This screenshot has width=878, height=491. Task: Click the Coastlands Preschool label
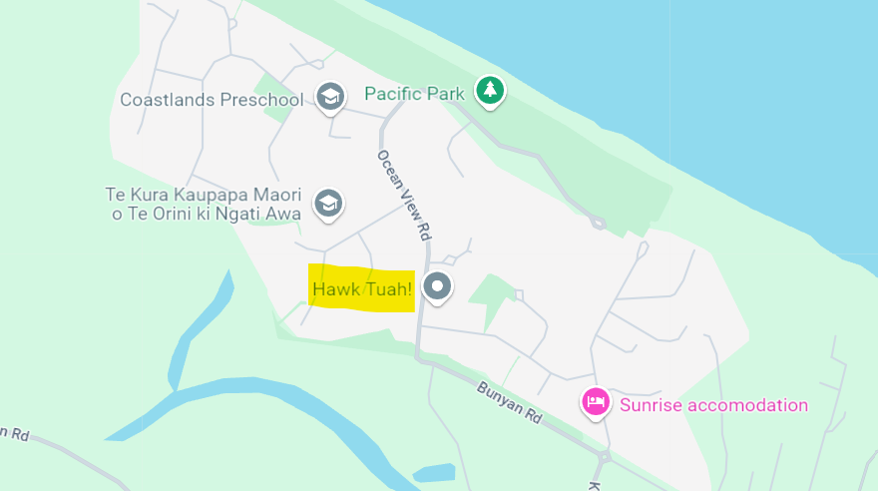coord(212,100)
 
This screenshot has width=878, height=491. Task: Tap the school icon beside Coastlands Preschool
coord(329,97)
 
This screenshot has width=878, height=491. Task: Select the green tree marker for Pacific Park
coord(489,91)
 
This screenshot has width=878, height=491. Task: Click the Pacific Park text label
coord(414,94)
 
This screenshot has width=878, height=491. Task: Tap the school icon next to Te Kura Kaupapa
coord(327,203)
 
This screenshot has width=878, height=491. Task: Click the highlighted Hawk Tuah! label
coord(362,289)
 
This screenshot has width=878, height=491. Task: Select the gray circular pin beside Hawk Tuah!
coord(437,287)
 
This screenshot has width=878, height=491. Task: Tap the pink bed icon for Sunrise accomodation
coord(596,402)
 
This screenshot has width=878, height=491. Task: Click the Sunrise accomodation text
coord(713,405)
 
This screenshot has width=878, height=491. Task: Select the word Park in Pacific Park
coord(445,94)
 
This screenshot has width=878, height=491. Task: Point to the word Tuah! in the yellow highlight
coord(387,289)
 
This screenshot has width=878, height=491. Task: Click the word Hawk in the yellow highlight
coord(334,289)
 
